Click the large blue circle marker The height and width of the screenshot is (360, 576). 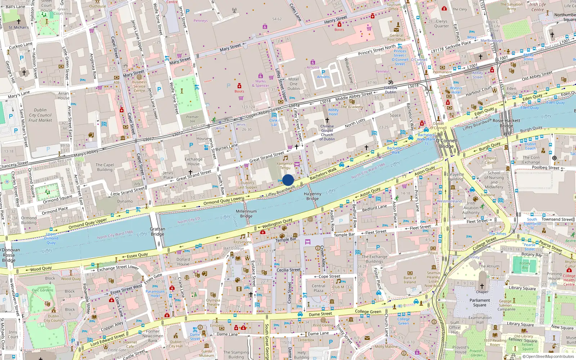(x=288, y=180)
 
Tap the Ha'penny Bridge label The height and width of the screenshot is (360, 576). (x=312, y=196)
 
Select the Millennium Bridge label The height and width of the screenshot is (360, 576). (x=246, y=214)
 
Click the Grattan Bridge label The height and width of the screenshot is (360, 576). (x=157, y=231)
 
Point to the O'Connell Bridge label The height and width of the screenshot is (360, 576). (x=446, y=144)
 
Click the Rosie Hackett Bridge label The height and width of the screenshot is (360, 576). (x=506, y=123)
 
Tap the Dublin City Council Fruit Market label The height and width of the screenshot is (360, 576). (x=40, y=115)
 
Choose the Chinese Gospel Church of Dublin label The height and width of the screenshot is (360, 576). (x=327, y=132)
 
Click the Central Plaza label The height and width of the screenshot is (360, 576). (x=318, y=288)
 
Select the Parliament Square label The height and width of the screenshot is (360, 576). (x=480, y=302)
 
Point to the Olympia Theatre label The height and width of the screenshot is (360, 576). (x=213, y=302)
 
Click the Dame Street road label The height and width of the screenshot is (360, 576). (x=320, y=314)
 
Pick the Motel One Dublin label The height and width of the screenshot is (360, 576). (x=293, y=84)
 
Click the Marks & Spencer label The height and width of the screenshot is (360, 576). (x=260, y=83)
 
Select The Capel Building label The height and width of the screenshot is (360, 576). (x=105, y=167)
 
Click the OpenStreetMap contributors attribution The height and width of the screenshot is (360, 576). (x=548, y=356)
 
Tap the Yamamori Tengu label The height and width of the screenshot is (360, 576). (x=285, y=166)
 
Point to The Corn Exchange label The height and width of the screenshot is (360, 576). (x=531, y=159)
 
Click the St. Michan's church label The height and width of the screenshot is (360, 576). (x=19, y=27)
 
